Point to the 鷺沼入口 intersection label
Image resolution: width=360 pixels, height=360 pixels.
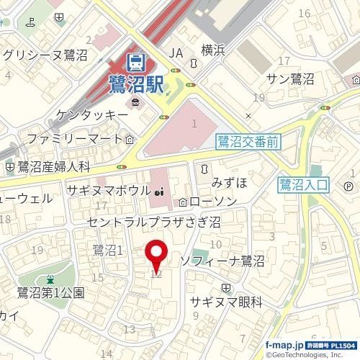pos(302,186)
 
